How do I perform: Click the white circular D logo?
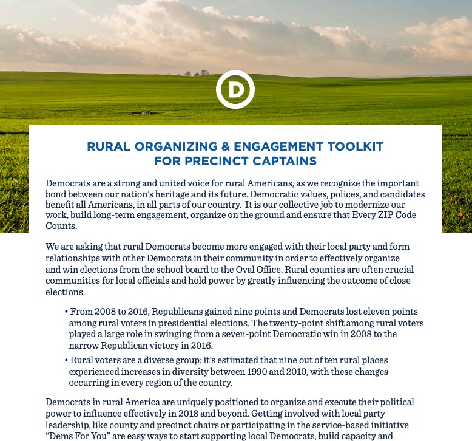click(235, 90)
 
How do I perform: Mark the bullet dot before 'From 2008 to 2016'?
click(66, 312)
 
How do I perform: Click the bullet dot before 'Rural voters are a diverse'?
click(66, 361)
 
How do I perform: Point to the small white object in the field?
click(146, 113)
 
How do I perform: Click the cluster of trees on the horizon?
click(197, 73)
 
